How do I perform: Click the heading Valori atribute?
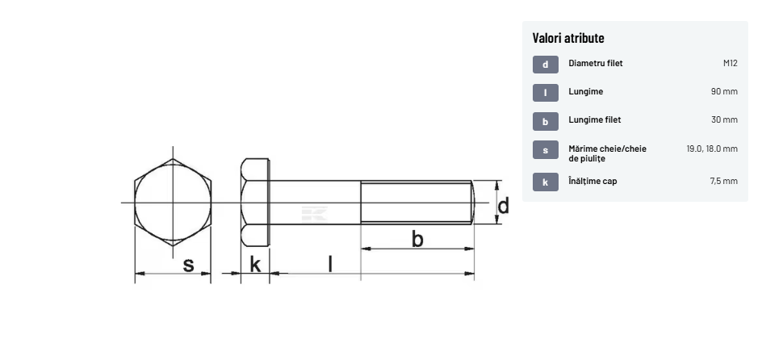[568, 38]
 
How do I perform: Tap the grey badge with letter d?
[545, 65]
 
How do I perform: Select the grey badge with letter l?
[545, 93]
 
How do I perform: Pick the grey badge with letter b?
[545, 121]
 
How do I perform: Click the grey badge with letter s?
[545, 150]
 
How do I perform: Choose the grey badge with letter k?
[545, 182]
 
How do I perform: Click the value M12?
[730, 63]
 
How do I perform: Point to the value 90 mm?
[724, 91]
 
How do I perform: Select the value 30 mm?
[724, 119]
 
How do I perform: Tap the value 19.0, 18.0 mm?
[712, 149]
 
